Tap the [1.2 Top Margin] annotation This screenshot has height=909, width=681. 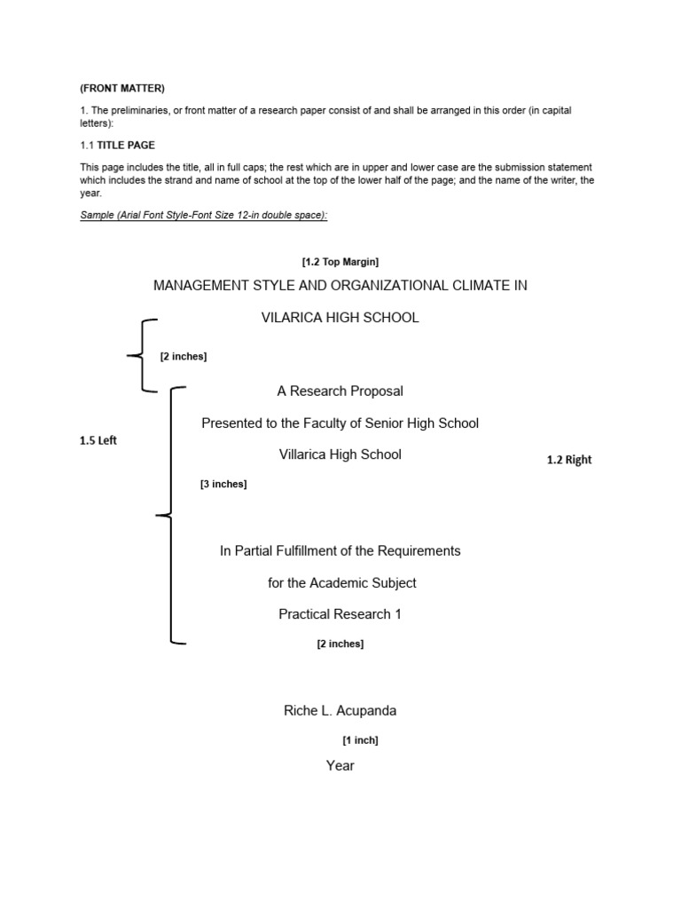340,262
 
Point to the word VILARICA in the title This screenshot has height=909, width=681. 293,317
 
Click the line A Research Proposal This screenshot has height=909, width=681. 340,391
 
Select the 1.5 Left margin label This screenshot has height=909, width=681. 98,441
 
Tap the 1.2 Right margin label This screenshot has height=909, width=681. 568,460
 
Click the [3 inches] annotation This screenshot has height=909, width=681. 223,484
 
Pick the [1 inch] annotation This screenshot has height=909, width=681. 360,739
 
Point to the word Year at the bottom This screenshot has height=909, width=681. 340,765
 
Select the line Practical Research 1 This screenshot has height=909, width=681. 340,614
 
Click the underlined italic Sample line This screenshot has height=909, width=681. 203,216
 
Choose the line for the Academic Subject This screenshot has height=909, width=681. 341,582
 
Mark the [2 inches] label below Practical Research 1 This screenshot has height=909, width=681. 340,644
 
